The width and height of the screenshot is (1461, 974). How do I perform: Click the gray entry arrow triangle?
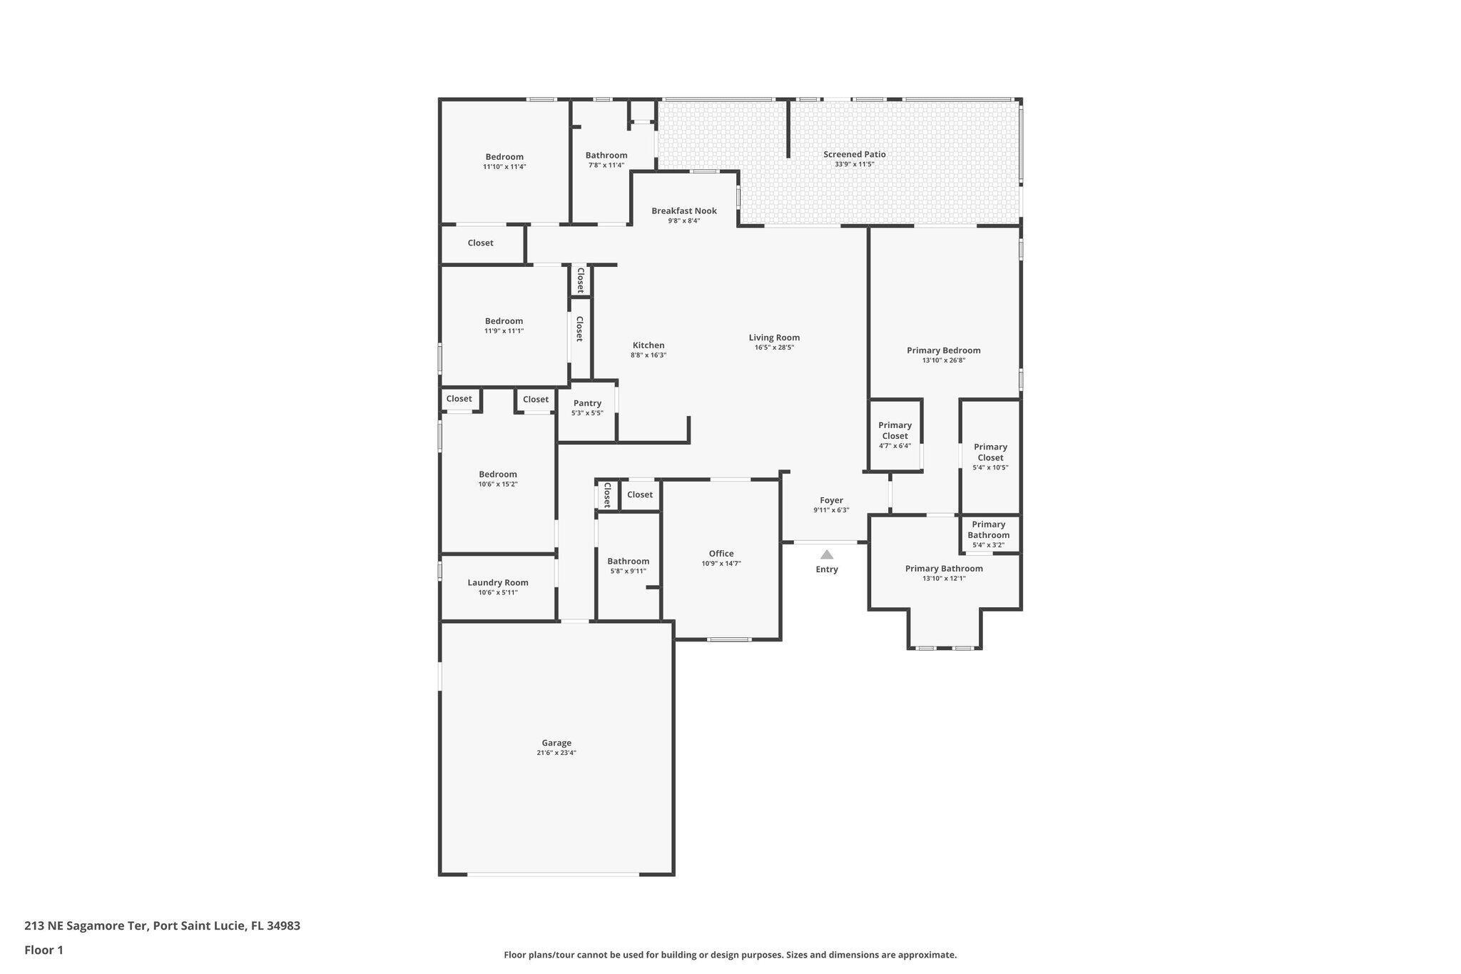[827, 554]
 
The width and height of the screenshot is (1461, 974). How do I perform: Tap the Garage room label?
[556, 743]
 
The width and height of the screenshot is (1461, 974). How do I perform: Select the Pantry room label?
[587, 403]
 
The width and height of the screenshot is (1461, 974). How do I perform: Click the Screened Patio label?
[855, 154]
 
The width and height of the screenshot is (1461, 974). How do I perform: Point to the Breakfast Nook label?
[684, 210]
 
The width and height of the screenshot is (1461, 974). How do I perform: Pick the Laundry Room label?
[498, 582]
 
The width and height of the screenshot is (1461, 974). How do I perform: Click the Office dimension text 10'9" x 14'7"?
[721, 564]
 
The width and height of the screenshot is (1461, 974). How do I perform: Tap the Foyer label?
[831, 500]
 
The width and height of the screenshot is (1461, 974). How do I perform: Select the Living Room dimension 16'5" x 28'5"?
[774, 348]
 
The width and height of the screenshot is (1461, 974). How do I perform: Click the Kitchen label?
[648, 345]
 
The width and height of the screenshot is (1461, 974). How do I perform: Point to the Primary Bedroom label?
[943, 350]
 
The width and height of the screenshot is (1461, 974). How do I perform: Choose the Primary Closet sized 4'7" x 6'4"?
[895, 435]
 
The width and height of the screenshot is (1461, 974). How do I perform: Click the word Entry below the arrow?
[827, 569]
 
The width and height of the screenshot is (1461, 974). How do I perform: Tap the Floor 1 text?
[44, 950]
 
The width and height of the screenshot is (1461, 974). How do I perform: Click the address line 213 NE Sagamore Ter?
[162, 925]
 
